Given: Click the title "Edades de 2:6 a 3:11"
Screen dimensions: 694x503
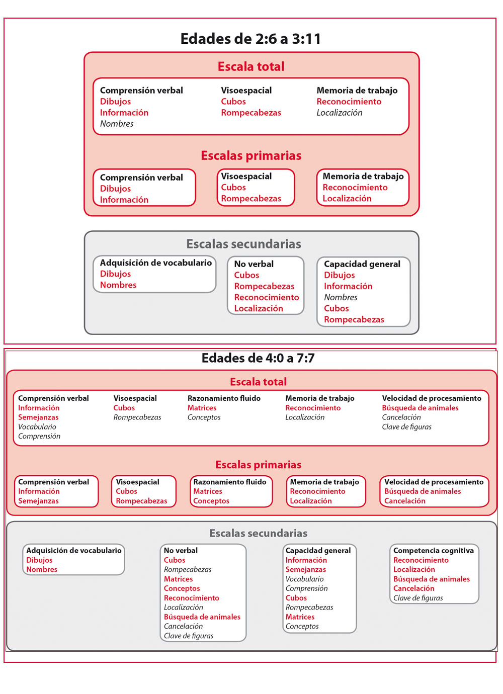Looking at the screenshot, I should click(250, 39).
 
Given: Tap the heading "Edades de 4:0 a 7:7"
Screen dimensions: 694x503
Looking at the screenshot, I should click(258, 358).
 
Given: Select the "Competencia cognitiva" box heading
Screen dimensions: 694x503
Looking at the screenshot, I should click(433, 551).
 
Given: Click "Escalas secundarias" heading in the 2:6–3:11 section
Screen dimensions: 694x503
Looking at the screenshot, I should click(243, 244).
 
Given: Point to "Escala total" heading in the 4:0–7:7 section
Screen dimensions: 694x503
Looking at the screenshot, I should click(258, 382).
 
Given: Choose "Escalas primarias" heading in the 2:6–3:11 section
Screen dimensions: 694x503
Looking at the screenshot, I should click(251, 156).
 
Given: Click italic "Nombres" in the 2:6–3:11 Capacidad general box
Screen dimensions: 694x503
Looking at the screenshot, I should click(341, 297).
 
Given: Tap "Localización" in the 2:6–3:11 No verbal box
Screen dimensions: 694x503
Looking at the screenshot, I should click(259, 308).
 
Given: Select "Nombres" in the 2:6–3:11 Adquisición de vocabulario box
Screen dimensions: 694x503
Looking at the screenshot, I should click(118, 285).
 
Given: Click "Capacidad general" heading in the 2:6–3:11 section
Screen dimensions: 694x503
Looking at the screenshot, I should click(362, 264).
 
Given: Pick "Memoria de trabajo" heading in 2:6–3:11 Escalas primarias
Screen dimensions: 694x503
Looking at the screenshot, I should click(363, 177).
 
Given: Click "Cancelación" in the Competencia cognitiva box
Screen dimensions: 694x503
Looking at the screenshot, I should click(413, 588).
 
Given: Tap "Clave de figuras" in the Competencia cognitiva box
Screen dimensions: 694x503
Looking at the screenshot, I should click(418, 598).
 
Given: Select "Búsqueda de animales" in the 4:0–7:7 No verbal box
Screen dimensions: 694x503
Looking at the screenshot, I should click(202, 617).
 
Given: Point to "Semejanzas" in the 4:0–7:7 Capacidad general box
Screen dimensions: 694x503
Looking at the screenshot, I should click(306, 570).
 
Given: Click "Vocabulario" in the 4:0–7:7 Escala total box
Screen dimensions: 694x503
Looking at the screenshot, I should click(37, 427).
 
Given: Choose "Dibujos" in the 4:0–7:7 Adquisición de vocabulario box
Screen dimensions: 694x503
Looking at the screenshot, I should click(39, 560).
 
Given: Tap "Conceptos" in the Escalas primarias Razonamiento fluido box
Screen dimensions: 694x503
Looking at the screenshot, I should click(211, 501).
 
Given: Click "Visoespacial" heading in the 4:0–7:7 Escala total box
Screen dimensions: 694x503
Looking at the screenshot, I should click(135, 398).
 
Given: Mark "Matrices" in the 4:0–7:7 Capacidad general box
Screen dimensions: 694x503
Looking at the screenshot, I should click(300, 617).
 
